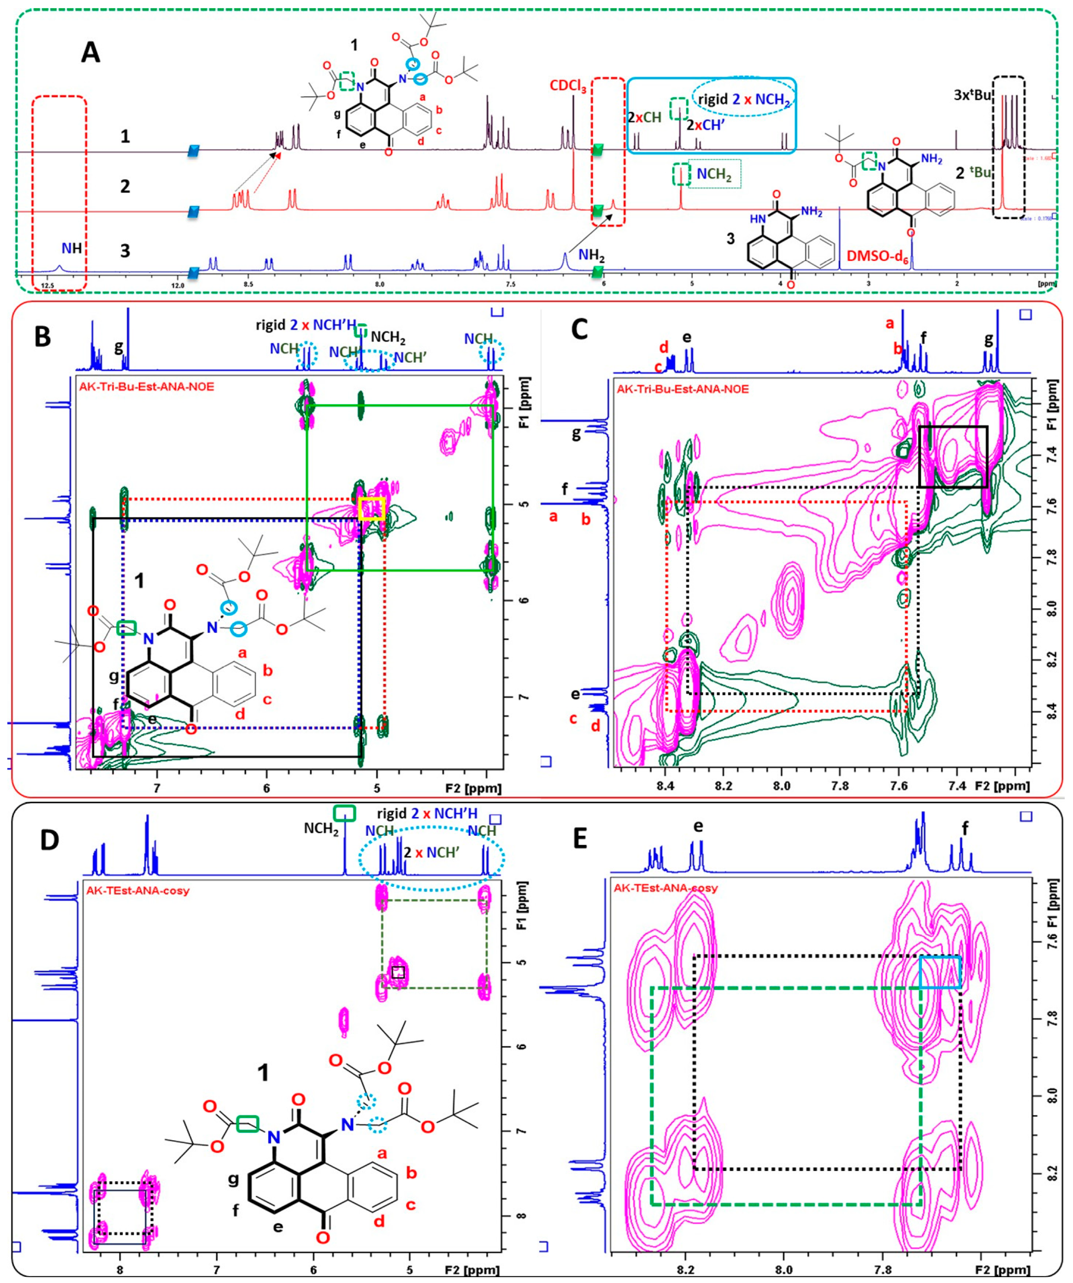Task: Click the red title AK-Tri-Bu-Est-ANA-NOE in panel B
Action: [x=147, y=387]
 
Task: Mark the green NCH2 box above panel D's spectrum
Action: [x=344, y=813]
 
